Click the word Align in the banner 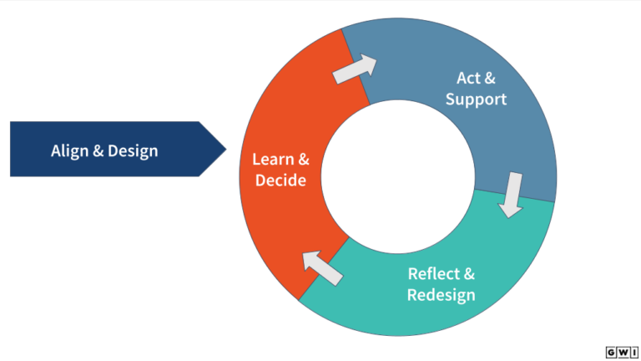(x=67, y=151)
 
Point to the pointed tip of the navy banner (x=225, y=150)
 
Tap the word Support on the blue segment (x=476, y=99)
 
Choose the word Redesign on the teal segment (x=442, y=294)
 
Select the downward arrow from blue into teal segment (x=512, y=194)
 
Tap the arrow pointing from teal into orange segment (x=321, y=267)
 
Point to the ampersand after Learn (x=303, y=158)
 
